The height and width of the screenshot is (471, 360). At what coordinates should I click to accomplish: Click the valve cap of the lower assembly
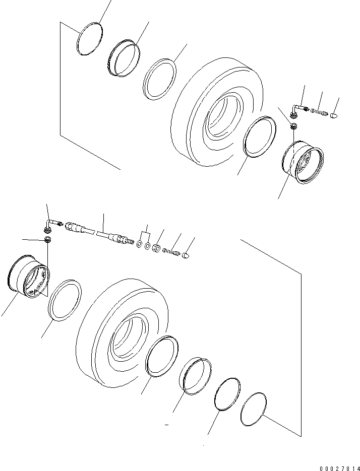(185, 256)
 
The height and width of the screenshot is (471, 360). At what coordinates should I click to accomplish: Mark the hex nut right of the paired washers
(157, 248)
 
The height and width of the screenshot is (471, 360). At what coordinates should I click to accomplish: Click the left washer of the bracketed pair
(138, 244)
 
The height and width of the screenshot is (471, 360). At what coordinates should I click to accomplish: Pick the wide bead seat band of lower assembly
(194, 375)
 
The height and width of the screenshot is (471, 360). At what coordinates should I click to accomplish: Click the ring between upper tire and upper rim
(259, 136)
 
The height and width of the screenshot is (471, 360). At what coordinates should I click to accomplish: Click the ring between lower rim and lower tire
(65, 301)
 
